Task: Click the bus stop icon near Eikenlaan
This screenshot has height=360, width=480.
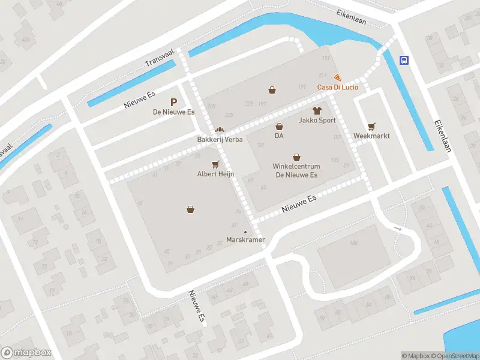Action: click(405, 60)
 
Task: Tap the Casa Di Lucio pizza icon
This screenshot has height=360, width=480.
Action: click(338, 77)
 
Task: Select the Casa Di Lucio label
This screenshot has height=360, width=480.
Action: click(338, 88)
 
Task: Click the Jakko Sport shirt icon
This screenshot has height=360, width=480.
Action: click(317, 110)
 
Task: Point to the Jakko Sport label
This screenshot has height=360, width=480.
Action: click(317, 120)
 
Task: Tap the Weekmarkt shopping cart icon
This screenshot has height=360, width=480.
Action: click(371, 126)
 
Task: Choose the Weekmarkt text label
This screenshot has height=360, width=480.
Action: click(371, 136)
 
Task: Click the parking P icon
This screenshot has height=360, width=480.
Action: click(174, 103)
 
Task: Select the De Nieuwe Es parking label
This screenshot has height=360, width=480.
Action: click(174, 112)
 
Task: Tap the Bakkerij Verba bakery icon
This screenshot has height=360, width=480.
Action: click(220, 130)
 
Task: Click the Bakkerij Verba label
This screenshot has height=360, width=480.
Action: click(220, 140)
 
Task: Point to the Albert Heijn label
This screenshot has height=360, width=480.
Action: click(215, 174)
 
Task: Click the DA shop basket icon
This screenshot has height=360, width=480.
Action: click(279, 127)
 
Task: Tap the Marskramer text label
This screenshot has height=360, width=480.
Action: click(245, 241)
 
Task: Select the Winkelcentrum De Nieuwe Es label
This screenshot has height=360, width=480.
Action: click(296, 170)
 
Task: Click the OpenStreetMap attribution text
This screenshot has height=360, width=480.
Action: click(455, 356)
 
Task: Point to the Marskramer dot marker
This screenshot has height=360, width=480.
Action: click(245, 232)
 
